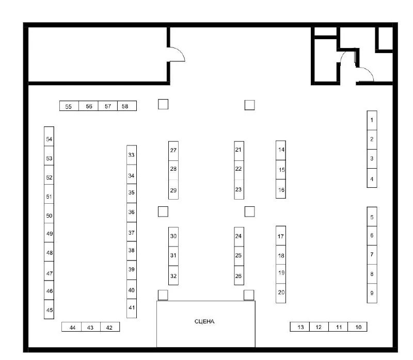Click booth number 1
click(x=372, y=120)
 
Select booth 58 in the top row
click(x=127, y=106)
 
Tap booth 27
click(x=173, y=151)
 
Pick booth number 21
click(x=239, y=151)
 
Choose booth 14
click(x=281, y=150)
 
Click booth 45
click(x=49, y=309)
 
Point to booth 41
click(x=132, y=308)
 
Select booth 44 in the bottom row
click(x=72, y=327)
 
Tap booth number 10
click(x=357, y=326)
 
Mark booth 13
click(x=300, y=326)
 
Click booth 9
click(x=372, y=293)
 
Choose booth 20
click(x=281, y=293)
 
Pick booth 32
click(x=173, y=275)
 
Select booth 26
click(x=239, y=275)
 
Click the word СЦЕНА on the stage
click(x=204, y=321)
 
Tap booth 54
click(x=49, y=136)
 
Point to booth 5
click(x=372, y=217)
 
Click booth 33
click(x=132, y=155)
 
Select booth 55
click(x=69, y=106)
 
